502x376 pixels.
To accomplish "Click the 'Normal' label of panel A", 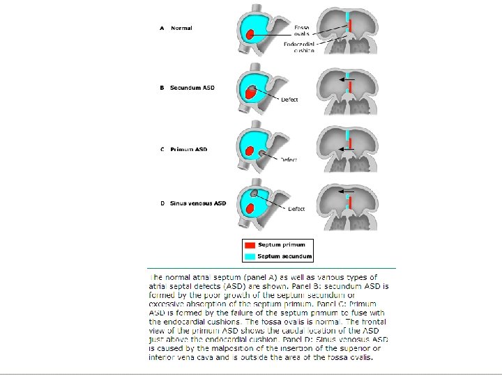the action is click(181, 28).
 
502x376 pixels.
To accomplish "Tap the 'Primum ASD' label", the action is click(188, 149).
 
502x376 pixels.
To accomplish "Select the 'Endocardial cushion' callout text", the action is click(300, 47).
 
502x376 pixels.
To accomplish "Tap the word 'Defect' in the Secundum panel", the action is click(289, 100).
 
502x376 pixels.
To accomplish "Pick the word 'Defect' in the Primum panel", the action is click(289, 159).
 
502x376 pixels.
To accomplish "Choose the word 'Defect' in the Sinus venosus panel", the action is click(296, 209).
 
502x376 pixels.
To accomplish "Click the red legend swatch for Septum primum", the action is click(250, 245).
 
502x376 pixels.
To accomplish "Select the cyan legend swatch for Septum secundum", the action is click(250, 256).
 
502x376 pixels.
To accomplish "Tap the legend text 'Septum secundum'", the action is click(284, 256).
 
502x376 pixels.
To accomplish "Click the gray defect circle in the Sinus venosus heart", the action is click(254, 192).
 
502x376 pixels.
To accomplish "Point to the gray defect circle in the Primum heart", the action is click(262, 153).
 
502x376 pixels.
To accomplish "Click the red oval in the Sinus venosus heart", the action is click(250, 208).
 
